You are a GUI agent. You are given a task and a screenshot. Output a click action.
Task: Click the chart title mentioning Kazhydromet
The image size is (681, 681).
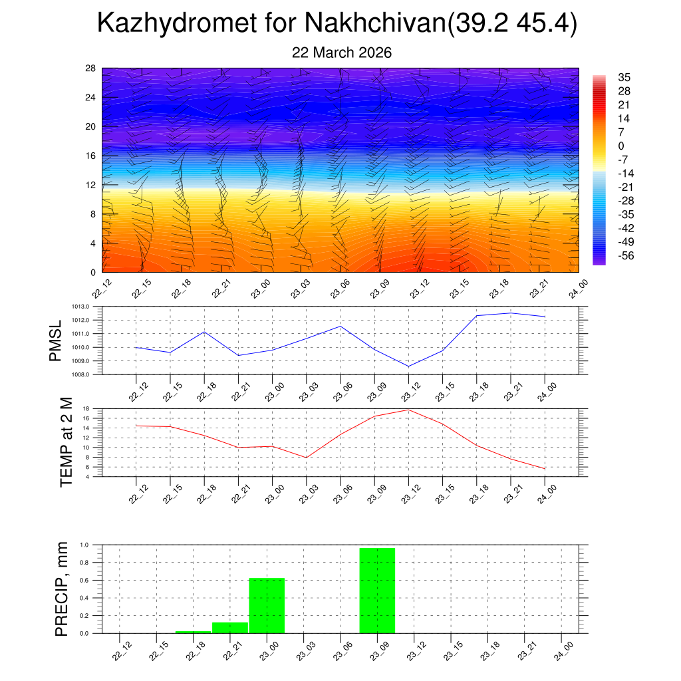pyautogui.click(x=337, y=23)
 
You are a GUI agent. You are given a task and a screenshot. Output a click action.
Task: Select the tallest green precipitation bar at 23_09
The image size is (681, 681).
pyautogui.click(x=377, y=590)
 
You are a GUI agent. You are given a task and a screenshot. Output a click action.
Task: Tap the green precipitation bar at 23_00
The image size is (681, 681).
pyautogui.click(x=267, y=605)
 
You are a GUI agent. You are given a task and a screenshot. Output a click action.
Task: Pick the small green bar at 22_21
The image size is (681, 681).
pyautogui.click(x=229, y=628)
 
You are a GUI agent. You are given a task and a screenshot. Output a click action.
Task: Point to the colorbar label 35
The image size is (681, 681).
pyautogui.click(x=623, y=77)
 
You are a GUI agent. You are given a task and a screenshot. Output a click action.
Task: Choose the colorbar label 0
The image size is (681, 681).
pyautogui.click(x=621, y=146)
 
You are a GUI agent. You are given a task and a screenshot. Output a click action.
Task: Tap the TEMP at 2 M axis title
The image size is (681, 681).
pyautogui.click(x=66, y=442)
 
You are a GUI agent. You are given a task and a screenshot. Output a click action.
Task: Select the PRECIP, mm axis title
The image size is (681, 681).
pyautogui.click(x=62, y=589)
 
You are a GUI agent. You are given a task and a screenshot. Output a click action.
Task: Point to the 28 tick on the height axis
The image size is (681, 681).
pyautogui.click(x=90, y=68)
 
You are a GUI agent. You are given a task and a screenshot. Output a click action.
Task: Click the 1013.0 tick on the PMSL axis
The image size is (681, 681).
pyautogui.click(x=88, y=307)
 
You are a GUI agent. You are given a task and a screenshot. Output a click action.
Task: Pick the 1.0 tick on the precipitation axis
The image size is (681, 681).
pyautogui.click(x=84, y=545)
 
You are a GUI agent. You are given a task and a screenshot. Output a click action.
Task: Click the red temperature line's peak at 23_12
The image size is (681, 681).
pyautogui.click(x=408, y=410)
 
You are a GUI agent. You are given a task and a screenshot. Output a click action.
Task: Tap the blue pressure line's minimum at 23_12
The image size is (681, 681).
pyautogui.click(x=408, y=366)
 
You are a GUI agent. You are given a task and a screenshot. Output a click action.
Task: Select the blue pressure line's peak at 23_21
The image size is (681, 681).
pyautogui.click(x=511, y=313)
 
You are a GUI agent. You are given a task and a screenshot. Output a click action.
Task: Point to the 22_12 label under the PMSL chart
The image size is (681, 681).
pyautogui.click(x=136, y=392)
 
